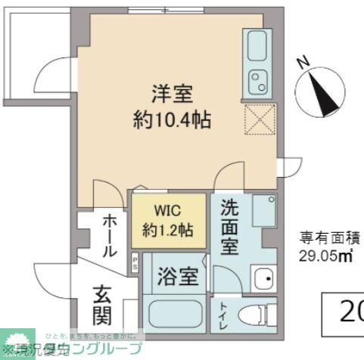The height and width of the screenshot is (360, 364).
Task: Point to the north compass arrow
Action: (x=323, y=94)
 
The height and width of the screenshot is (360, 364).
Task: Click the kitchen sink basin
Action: (x=257, y=44)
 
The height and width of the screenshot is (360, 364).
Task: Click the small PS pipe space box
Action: (x=135, y=262)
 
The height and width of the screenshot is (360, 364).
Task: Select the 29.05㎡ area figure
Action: (x=326, y=256)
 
